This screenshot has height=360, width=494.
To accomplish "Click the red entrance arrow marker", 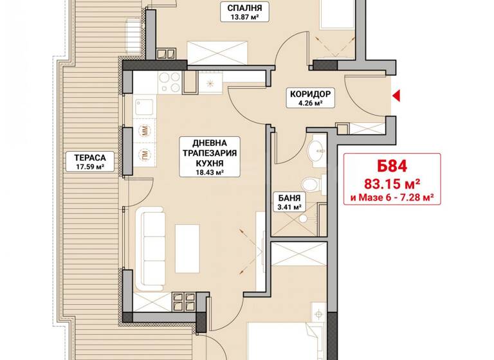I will click(x=397, y=96).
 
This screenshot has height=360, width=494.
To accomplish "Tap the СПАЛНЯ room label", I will click(x=244, y=9).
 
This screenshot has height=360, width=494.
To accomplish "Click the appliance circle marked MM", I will click(x=143, y=132).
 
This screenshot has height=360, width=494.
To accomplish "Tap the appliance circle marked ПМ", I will click(x=143, y=154).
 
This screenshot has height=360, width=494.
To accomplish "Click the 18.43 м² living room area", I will click(x=210, y=172).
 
